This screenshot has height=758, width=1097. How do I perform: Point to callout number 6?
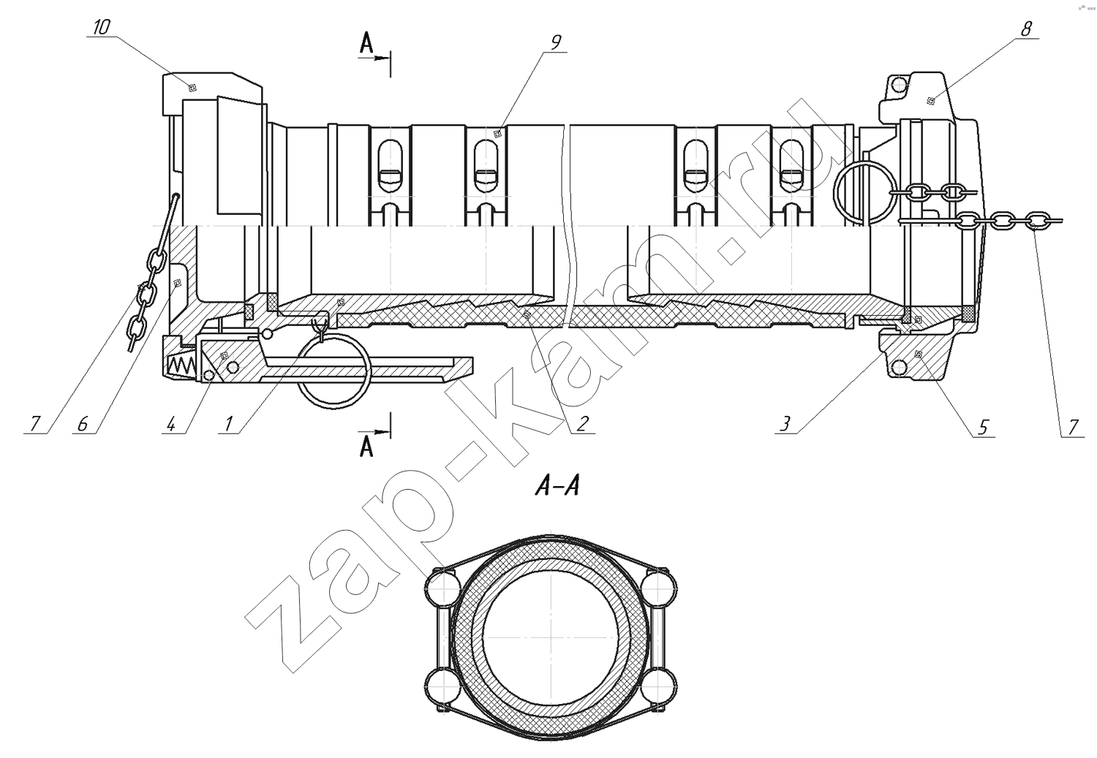[x=82, y=424]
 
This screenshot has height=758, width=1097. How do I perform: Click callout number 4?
[x=170, y=424]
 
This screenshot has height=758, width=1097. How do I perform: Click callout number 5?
[x=982, y=427]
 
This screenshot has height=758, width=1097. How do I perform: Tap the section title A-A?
[x=558, y=487]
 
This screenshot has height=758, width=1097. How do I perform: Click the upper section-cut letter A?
[x=366, y=43]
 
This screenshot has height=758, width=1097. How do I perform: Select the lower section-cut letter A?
[x=366, y=447]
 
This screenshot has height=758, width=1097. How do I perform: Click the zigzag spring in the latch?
[x=181, y=365]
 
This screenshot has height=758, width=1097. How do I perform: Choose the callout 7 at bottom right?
[x=1073, y=427]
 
